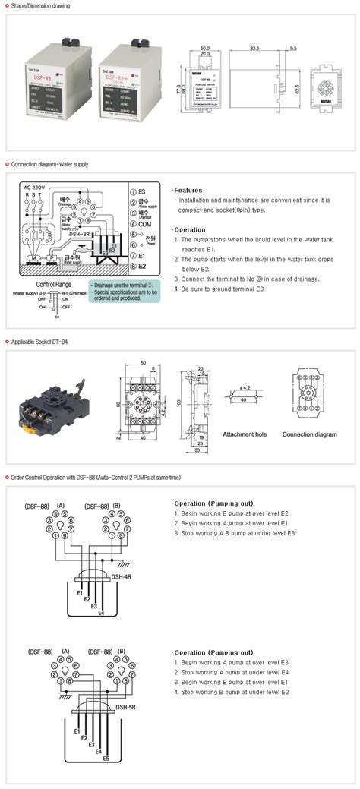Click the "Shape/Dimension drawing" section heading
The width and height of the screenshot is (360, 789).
click(x=40, y=5)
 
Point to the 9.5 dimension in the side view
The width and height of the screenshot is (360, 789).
click(x=292, y=47)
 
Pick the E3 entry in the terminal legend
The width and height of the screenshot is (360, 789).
click(x=142, y=193)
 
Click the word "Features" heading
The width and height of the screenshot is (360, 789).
click(x=189, y=190)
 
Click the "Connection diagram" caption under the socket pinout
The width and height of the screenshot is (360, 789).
click(x=309, y=435)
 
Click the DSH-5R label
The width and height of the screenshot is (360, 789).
click(x=126, y=707)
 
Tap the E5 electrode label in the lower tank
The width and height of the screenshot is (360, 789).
click(x=106, y=759)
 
